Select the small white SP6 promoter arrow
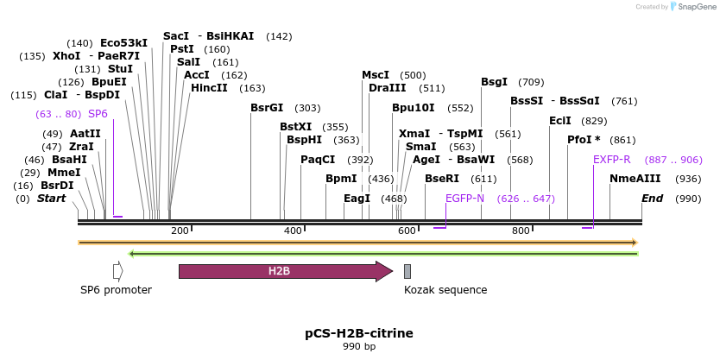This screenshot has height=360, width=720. point(118,271)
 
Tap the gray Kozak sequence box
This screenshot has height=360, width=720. point(407,271)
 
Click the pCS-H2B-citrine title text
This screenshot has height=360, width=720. point(359,332)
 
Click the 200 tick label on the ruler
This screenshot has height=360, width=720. point(180,231)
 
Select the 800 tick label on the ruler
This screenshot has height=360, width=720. point(521,231)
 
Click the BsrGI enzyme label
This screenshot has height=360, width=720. point(267,108)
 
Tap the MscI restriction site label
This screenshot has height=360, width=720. point(376,75)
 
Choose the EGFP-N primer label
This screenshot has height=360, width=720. point(465,199)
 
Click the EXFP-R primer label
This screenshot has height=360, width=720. point(612,160)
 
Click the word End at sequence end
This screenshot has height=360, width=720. point(652,199)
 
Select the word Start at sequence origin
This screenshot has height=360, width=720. point(51,199)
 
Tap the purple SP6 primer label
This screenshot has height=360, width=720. point(98,114)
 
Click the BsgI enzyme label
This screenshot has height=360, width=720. point(494,82)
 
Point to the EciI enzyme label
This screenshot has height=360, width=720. point(560,121)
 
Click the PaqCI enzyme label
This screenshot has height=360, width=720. point(318,160)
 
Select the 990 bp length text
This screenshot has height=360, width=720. point(358,347)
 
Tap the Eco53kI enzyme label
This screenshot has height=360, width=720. point(123,42)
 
